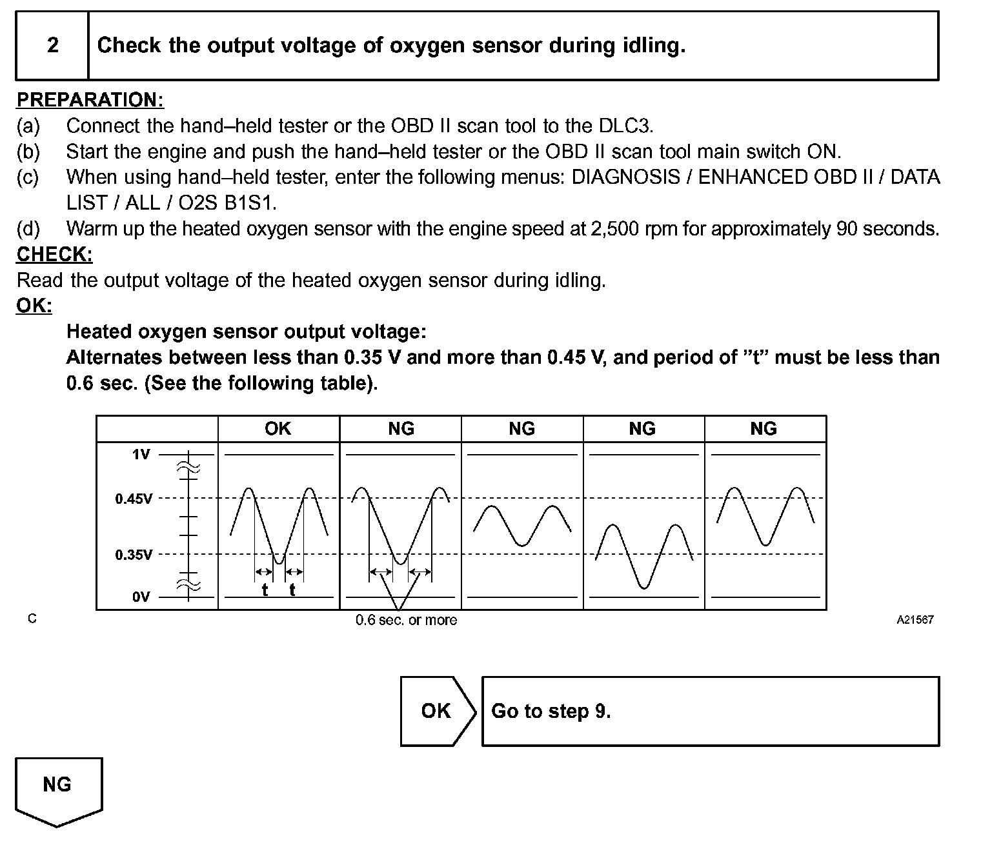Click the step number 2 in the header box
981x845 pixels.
point(53,45)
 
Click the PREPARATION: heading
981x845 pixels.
point(90,100)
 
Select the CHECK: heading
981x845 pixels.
point(54,255)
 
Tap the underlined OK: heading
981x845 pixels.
point(34,306)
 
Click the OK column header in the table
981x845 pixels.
point(278,429)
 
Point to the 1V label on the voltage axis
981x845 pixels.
point(141,455)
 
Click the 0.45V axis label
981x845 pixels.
point(134,499)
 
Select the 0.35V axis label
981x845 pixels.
point(134,555)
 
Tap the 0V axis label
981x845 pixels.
point(141,597)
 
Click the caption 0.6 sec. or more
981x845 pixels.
point(406,621)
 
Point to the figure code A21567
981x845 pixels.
point(915,620)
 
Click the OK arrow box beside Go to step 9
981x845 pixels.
point(437,711)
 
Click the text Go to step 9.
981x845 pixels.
point(551,711)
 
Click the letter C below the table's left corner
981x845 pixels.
point(32,619)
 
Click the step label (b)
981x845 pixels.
point(28,152)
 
